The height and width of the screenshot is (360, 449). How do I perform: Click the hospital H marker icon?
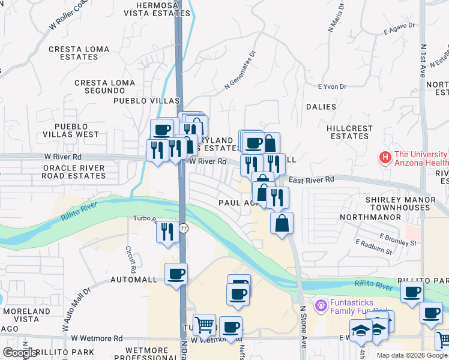[385, 158]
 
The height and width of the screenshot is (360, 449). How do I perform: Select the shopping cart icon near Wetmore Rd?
[204, 325]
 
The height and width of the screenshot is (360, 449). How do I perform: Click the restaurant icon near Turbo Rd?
[167, 231]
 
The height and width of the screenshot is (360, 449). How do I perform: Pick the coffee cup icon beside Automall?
[176, 274]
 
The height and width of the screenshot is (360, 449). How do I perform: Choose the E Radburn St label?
[373, 247]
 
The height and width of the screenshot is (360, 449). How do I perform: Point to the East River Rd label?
[311, 179]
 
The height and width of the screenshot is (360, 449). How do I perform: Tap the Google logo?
[20, 353]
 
